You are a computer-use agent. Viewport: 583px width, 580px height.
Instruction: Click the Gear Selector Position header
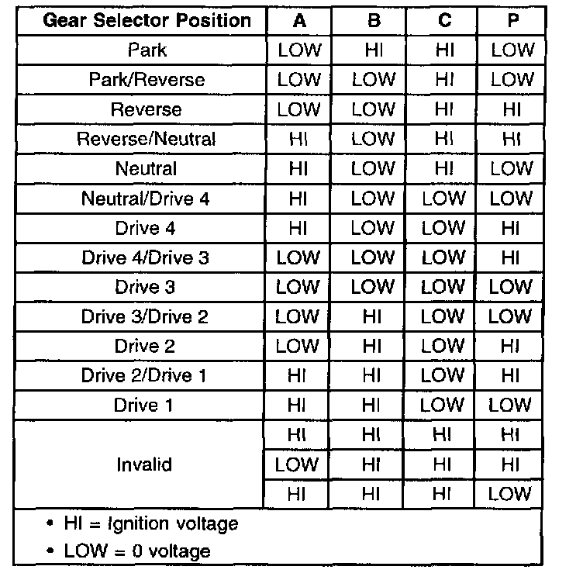(x=147, y=21)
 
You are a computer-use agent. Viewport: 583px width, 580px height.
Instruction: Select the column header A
(x=298, y=21)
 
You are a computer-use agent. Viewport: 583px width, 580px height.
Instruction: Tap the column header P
(x=512, y=21)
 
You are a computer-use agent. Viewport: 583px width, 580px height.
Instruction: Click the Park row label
(x=147, y=50)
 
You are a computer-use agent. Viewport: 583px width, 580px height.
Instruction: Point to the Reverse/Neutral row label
(x=147, y=140)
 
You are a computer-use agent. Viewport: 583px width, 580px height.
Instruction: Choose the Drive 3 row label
(x=147, y=287)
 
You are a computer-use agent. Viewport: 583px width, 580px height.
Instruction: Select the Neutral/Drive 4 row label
(x=147, y=199)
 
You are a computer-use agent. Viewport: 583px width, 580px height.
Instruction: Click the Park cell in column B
(x=373, y=50)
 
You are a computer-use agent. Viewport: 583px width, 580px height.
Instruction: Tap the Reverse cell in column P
(x=512, y=110)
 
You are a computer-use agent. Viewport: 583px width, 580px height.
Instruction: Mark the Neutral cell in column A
(x=298, y=169)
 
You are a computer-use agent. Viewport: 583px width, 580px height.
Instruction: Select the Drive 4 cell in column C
(x=443, y=228)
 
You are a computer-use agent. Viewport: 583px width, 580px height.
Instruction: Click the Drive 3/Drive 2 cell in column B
(x=373, y=316)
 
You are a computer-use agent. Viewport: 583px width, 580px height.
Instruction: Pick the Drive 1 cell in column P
(x=512, y=405)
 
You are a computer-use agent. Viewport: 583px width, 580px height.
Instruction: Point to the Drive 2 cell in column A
(x=298, y=346)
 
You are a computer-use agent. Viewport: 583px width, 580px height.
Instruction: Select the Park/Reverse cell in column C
(x=443, y=80)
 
